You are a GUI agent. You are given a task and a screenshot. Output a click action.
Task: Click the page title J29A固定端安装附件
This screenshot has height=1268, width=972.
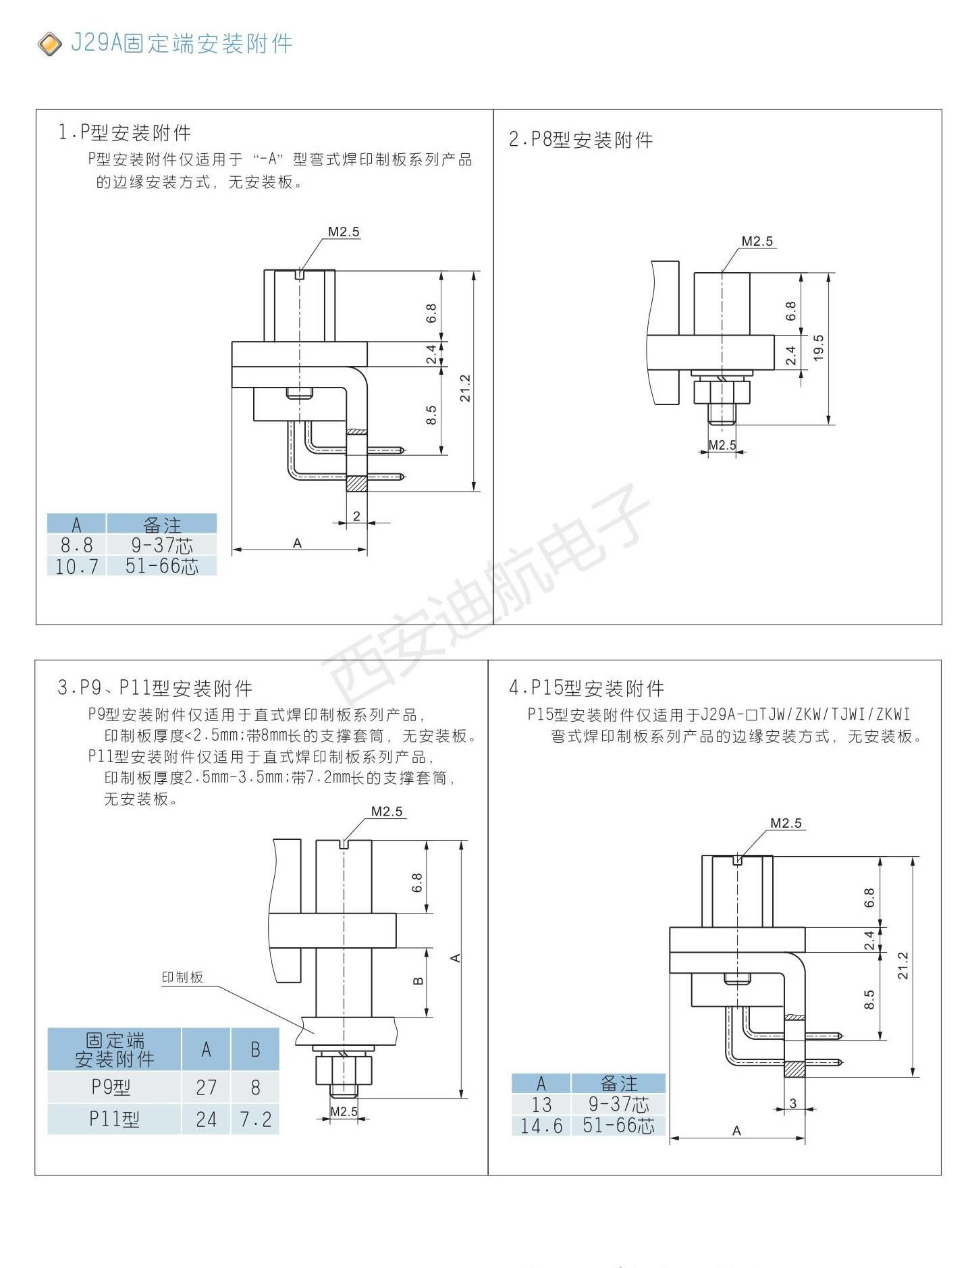click(x=182, y=44)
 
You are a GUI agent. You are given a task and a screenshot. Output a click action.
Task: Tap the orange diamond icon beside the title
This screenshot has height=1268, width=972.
click(x=49, y=45)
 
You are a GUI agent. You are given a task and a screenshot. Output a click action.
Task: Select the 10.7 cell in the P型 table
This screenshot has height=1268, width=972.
click(x=76, y=566)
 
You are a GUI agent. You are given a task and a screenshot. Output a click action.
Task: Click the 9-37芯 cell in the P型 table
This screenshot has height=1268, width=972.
click(x=162, y=545)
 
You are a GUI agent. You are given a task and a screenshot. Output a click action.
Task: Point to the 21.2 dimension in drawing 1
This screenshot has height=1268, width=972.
click(x=465, y=388)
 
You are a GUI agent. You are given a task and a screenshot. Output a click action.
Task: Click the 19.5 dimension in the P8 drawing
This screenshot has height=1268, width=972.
click(x=819, y=348)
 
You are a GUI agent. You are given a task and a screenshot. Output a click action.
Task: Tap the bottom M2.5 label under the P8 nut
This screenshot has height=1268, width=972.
click(x=722, y=445)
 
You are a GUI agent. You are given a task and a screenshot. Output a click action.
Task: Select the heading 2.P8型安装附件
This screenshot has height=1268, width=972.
click(x=580, y=140)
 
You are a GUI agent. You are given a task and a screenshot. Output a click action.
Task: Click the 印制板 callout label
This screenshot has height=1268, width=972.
click(x=182, y=977)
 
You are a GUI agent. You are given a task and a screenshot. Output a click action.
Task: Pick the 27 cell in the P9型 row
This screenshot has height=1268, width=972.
click(x=206, y=1087)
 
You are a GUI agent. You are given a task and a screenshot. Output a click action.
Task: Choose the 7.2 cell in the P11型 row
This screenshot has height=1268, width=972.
click(x=255, y=1119)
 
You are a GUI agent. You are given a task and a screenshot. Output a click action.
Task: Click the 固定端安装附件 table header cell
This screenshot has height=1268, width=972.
click(x=114, y=1049)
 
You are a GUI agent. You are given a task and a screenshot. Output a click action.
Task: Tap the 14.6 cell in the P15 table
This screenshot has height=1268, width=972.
click(x=541, y=1126)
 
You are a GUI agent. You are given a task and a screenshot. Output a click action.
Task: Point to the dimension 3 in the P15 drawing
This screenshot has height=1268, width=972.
click(x=792, y=1103)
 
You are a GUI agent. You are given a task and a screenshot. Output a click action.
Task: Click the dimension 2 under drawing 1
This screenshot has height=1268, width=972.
click(x=356, y=517)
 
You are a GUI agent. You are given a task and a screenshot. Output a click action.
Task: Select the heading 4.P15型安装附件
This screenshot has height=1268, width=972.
click(x=587, y=688)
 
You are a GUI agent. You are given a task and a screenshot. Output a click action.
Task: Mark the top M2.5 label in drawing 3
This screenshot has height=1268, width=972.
click(x=387, y=812)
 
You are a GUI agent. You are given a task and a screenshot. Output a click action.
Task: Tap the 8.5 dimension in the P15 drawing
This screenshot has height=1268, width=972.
click(x=869, y=1000)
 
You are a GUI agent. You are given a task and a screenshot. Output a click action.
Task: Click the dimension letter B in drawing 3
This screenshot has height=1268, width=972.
click(x=418, y=980)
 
